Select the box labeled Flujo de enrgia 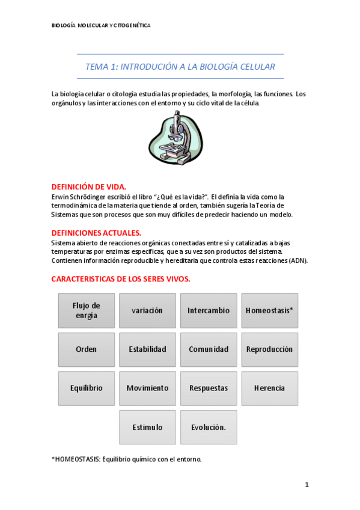coord(87,310)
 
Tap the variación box coord(147,310)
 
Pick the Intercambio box coord(209,310)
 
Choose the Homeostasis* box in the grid coord(269,310)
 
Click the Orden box coord(87,349)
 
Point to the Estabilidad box coord(147,349)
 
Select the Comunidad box coord(209,349)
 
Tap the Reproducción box coord(269,349)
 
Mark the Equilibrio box coord(87,388)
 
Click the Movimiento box coord(147,388)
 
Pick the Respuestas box coord(209,388)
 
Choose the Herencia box coord(269,388)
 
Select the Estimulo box coord(147,427)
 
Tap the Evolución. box coord(209,427)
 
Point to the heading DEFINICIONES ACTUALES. coord(96,233)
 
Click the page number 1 coord(307,484)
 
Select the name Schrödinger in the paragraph coord(93,197)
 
